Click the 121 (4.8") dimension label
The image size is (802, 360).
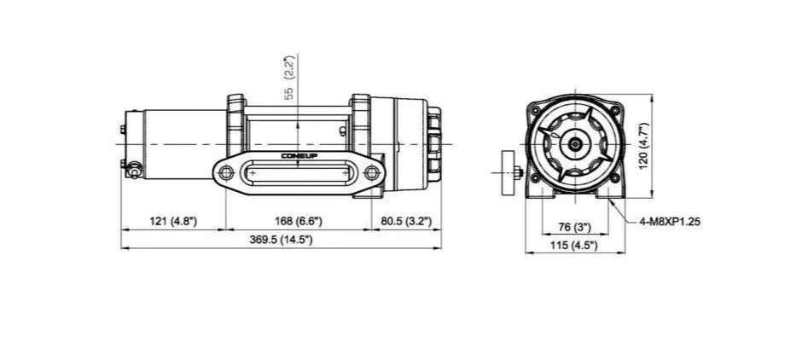(173, 222)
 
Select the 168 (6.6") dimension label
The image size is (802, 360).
(299, 222)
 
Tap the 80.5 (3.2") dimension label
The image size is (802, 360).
(406, 222)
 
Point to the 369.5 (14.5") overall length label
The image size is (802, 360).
(281, 240)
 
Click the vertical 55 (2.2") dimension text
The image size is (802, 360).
(290, 78)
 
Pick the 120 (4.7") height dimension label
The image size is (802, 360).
(643, 145)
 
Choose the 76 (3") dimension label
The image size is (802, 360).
(574, 227)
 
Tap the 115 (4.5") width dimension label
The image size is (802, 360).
(574, 246)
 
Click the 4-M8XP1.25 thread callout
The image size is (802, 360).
(670, 222)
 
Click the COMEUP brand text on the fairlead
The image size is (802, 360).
(299, 156)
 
